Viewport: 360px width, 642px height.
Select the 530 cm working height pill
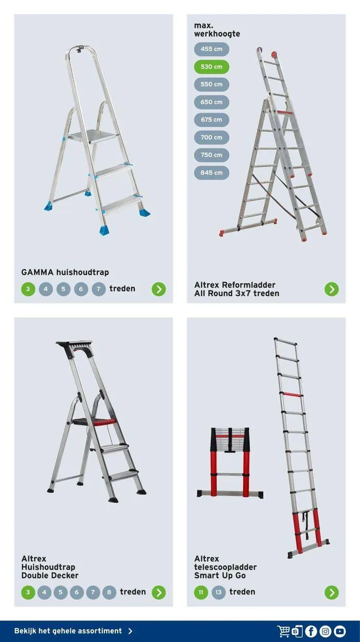211,67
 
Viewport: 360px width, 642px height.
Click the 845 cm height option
211,173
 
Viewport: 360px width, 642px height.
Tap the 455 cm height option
211,49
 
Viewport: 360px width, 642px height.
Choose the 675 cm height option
211,120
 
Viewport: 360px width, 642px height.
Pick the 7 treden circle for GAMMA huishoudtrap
99,289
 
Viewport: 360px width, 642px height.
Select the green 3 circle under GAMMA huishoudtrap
28,289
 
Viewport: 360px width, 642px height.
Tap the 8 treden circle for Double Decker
109,593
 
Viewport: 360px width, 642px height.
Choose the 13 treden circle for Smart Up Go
219,593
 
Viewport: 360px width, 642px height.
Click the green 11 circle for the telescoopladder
201,593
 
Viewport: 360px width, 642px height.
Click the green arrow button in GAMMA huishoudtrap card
159,289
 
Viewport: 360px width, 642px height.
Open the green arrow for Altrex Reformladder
332,289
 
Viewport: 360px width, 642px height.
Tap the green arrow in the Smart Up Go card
332,593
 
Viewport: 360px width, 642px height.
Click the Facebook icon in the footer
311,631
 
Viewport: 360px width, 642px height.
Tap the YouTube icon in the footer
339,631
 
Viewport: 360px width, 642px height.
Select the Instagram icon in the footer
326,631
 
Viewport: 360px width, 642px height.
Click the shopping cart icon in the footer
283,631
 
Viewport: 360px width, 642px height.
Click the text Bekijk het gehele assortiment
68,631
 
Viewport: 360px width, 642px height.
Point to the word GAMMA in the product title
37,272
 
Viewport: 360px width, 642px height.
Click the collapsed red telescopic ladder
230,462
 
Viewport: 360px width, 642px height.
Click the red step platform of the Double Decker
94,422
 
